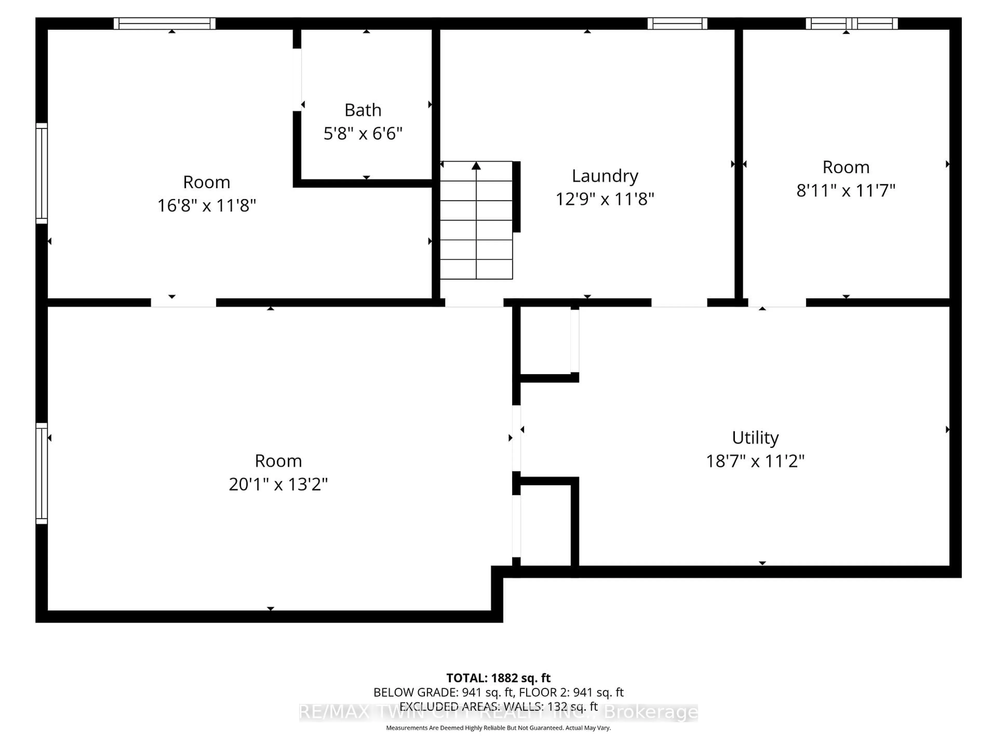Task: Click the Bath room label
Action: tap(363, 110)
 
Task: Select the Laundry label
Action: tap(605, 176)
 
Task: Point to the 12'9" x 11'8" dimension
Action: tap(605, 199)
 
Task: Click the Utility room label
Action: tap(755, 438)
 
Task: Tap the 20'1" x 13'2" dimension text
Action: tap(278, 484)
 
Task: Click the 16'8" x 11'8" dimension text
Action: tap(206, 206)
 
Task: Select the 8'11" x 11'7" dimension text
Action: tap(846, 191)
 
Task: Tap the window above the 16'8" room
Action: tap(165, 23)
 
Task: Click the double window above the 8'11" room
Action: tap(851, 23)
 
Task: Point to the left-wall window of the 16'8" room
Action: tap(42, 173)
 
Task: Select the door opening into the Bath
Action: tap(297, 80)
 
